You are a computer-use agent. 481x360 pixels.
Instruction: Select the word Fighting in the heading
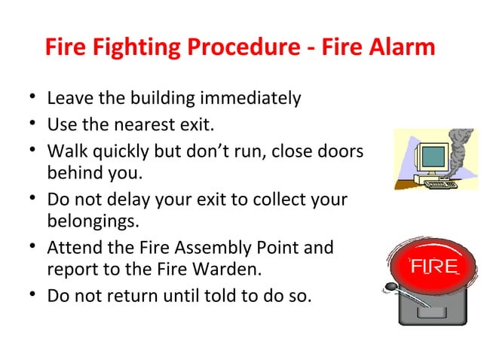(130, 48)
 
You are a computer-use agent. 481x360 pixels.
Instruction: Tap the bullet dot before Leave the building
(28, 99)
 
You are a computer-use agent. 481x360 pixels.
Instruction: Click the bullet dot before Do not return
(28, 295)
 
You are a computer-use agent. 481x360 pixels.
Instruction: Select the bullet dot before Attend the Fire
(28, 248)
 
